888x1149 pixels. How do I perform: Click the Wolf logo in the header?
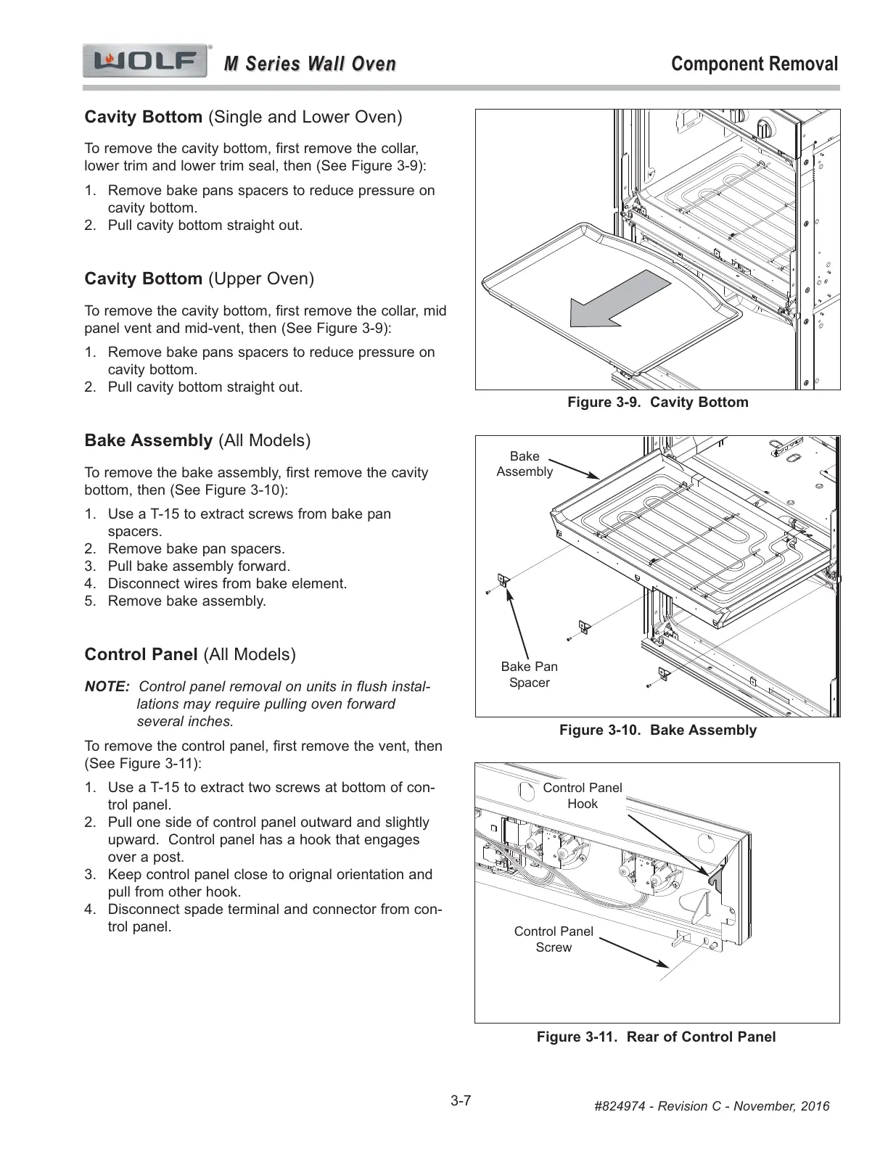pyautogui.click(x=146, y=62)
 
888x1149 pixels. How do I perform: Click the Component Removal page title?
pyautogui.click(x=755, y=64)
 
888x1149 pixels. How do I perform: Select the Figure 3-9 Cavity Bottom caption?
pyautogui.click(x=657, y=403)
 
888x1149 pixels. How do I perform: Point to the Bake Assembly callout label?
pyautogui.click(x=525, y=464)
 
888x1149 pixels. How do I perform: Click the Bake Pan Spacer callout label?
pyautogui.click(x=530, y=675)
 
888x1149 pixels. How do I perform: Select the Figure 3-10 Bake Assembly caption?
pyautogui.click(x=657, y=730)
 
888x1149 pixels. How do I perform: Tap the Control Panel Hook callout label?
pyautogui.click(x=583, y=796)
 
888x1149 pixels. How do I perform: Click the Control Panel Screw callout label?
pyautogui.click(x=554, y=939)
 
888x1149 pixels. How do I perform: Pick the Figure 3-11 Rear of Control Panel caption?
pyautogui.click(x=656, y=1037)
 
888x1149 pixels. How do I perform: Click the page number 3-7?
pyautogui.click(x=461, y=1101)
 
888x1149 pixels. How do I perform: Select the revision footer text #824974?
pyautogui.click(x=711, y=1106)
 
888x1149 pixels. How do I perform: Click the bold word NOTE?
pyautogui.click(x=107, y=687)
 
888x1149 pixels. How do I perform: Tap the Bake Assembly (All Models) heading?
pyautogui.click(x=197, y=441)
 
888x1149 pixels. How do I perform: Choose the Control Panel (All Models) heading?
pyautogui.click(x=190, y=655)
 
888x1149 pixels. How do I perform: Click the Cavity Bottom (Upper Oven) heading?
pyautogui.click(x=200, y=279)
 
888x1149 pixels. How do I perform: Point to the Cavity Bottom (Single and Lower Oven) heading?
pyautogui.click(x=243, y=118)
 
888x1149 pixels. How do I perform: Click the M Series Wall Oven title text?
pyautogui.click(x=310, y=65)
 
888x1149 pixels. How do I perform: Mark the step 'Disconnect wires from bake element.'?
pyautogui.click(x=227, y=584)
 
